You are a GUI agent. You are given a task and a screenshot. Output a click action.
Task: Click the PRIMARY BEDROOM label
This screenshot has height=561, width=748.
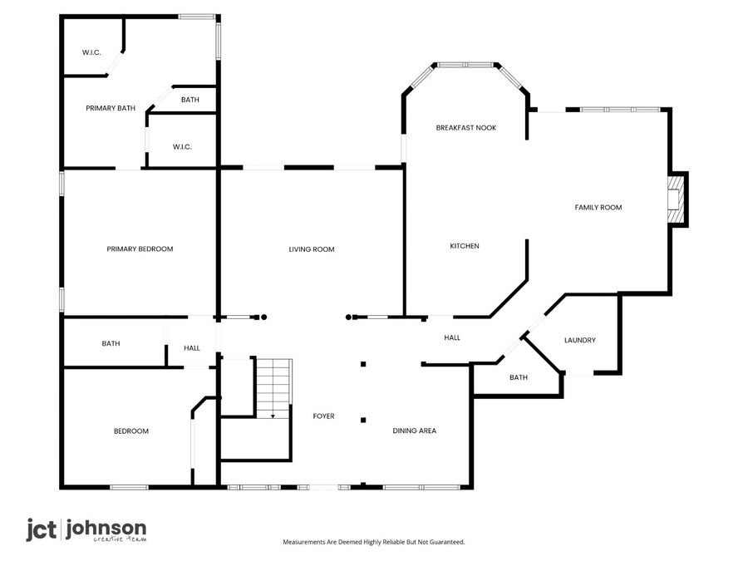point(140,249)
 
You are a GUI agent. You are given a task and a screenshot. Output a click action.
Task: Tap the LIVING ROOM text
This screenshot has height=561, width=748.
point(312,249)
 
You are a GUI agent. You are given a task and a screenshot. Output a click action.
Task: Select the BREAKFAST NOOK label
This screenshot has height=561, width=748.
point(466,127)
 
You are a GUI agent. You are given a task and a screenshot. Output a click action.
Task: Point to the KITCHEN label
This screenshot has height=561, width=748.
point(465,245)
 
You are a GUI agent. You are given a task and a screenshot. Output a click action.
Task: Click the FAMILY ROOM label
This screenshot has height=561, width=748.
point(598,207)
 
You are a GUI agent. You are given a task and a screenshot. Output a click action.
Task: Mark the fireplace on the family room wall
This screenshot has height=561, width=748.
point(679,199)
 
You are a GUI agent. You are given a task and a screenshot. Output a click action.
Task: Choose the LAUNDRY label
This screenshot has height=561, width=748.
point(579,340)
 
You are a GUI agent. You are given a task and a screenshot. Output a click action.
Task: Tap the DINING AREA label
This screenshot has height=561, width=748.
point(415,431)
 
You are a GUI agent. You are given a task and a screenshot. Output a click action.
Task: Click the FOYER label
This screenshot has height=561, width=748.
point(323,416)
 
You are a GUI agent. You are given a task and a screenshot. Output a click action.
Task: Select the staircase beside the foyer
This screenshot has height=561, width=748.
point(273,387)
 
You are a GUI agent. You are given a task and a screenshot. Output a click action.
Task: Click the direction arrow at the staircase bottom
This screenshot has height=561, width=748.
point(273,415)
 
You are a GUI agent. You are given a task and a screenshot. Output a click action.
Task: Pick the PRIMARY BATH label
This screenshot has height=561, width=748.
point(111,108)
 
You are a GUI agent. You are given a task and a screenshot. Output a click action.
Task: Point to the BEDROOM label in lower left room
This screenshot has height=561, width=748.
point(131,431)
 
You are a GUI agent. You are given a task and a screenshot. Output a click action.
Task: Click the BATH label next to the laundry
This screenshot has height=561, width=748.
point(519,377)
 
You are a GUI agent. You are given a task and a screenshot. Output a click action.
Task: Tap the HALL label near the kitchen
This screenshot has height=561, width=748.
point(452,337)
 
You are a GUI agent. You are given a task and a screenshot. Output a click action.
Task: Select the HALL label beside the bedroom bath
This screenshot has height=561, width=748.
point(192,349)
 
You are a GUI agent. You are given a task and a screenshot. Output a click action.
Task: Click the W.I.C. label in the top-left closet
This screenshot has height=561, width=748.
point(91,52)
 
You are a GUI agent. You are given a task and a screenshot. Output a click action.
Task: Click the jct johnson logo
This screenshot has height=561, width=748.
point(86,529)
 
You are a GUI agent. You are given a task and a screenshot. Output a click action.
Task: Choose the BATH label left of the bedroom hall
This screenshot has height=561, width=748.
point(111,342)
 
